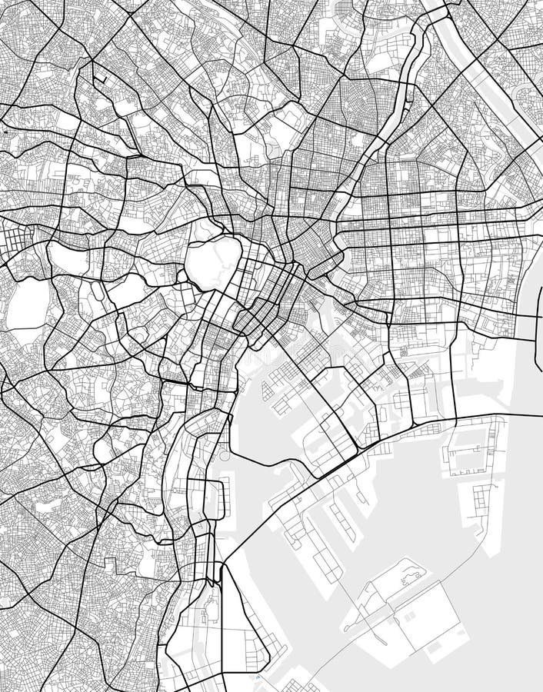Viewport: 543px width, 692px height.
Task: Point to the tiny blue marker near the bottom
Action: [256, 678]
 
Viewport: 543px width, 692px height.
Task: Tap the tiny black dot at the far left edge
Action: [5, 132]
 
